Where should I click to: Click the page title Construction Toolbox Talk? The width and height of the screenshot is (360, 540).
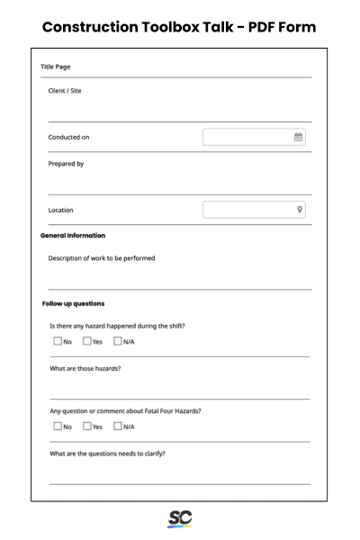click(179, 26)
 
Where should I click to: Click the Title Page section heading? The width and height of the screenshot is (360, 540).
click(56, 67)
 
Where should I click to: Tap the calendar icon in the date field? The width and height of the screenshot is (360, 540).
click(299, 138)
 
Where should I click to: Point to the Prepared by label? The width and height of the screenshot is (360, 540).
click(66, 164)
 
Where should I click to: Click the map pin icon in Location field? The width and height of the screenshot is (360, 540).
click(300, 210)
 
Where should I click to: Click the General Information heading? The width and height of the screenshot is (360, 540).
click(73, 236)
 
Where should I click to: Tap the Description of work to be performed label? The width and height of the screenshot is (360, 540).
click(102, 258)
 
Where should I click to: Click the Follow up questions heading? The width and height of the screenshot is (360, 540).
click(73, 303)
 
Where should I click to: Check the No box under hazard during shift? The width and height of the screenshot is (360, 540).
click(58, 341)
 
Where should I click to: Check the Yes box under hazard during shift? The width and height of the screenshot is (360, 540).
click(87, 341)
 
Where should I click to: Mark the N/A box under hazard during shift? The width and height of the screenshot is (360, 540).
click(118, 341)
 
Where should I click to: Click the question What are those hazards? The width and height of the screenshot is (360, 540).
click(85, 369)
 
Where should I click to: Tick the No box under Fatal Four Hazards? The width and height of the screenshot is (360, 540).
click(58, 426)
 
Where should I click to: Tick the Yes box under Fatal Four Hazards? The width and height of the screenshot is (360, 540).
click(87, 426)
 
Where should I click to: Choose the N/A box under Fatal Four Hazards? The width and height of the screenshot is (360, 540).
click(118, 426)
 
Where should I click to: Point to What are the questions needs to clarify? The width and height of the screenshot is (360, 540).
click(107, 454)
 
